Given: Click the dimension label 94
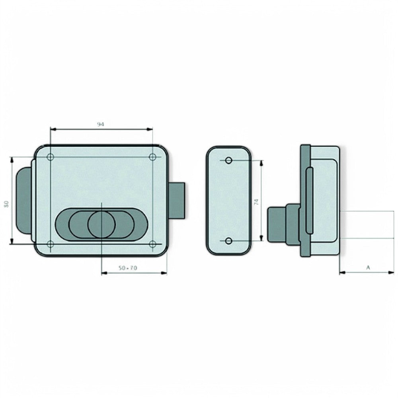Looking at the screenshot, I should (101, 125).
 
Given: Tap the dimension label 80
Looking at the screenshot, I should (6, 205).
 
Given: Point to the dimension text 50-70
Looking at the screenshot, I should (128, 268).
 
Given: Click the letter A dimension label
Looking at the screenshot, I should (368, 268).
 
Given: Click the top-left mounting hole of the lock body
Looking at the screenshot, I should (50, 157).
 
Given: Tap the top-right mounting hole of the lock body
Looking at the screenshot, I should (152, 157).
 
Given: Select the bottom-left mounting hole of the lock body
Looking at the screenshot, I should (50, 244).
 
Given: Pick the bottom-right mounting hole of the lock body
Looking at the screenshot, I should (152, 244).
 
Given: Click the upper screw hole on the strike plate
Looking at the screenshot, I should (228, 160).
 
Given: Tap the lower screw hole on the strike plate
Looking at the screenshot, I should (228, 241).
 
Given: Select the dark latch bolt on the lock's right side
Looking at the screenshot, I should (177, 201).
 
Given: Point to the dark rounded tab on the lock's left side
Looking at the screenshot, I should (24, 201).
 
